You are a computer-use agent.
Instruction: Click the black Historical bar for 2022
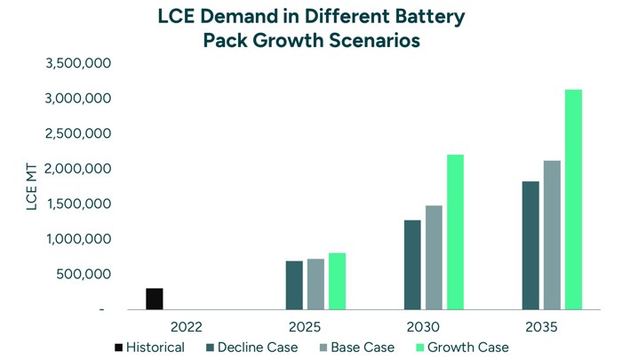coord(154,299)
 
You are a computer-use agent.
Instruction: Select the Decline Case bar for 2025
coord(294,285)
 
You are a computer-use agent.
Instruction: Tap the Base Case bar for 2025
coord(315,284)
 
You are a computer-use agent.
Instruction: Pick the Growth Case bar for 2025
coord(337,281)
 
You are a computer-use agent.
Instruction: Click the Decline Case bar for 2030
coord(412,265)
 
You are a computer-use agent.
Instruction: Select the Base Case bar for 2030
coord(434,258)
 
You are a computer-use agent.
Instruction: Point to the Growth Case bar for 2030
coord(455,232)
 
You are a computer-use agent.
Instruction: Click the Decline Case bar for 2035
coord(530,245)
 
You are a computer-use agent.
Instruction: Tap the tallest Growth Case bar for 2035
coord(573,200)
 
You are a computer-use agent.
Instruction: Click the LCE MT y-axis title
coord(33,187)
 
